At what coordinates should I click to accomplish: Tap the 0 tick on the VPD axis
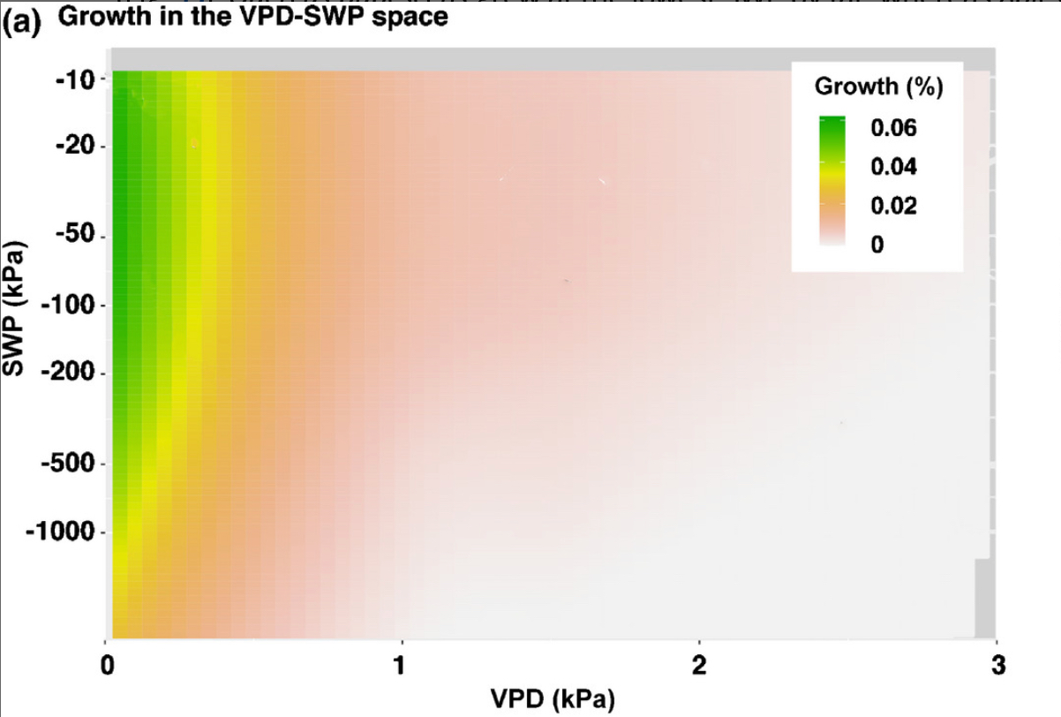[106, 664]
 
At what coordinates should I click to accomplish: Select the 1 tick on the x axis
[403, 664]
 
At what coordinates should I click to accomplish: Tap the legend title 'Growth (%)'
[878, 87]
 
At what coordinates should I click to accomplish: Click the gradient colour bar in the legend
[832, 180]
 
